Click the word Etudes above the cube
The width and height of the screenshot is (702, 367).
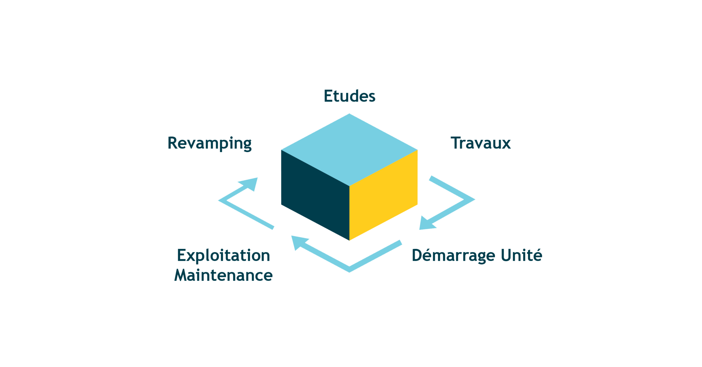coord(349,96)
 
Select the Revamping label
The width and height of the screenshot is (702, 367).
coord(210,143)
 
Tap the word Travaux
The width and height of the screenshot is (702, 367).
coord(481,143)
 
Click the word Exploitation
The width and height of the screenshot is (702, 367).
coord(224,256)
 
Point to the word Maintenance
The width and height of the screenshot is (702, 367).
coord(224,275)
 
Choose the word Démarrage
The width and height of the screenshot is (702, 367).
coord(453,255)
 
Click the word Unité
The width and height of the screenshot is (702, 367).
coord(522,255)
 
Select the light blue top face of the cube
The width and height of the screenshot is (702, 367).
coord(349,150)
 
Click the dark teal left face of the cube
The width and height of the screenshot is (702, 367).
coord(315,195)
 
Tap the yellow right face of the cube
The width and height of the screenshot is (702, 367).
coord(383,195)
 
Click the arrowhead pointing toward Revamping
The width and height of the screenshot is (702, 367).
coord(249,184)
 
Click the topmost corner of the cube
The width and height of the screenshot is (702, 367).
coord(349,114)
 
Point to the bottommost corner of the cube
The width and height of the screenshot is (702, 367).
coord(349,240)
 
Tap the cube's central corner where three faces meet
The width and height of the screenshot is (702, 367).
coord(349,186)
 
